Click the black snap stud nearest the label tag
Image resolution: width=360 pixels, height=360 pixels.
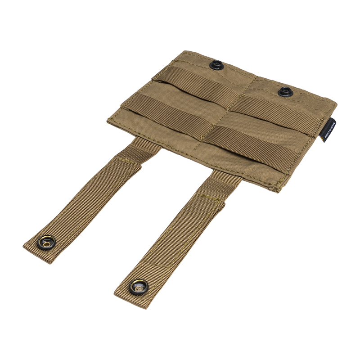coord(284,92)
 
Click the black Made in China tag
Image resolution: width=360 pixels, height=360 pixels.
coord(328,131)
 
